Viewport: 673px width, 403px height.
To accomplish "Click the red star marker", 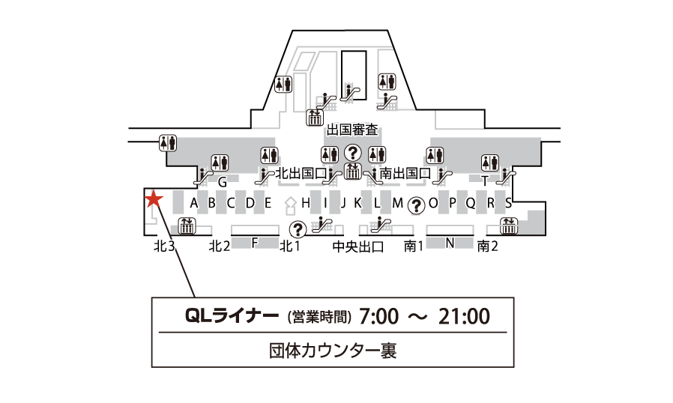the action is point(154,199).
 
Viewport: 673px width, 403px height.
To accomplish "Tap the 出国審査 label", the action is point(352,130).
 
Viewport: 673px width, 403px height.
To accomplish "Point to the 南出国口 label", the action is point(405,174).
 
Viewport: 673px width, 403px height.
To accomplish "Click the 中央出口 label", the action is point(358,246).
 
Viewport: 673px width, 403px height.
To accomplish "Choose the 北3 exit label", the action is point(164,246).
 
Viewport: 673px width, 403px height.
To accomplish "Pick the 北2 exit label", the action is point(219,246).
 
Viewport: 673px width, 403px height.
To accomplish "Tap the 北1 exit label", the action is point(290,246).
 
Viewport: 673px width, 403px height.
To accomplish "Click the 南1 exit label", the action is point(414,246).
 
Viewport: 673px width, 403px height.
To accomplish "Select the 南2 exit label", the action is point(488,246).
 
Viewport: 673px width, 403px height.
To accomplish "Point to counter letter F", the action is point(254,242).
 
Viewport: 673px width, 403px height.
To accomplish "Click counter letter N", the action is point(450,242).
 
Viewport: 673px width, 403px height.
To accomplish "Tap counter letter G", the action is point(222,182).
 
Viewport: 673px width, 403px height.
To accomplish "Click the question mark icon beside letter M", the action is point(414,203).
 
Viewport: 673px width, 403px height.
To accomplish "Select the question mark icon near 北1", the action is point(298,228).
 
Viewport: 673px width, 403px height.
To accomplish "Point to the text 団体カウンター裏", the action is point(332,349).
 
